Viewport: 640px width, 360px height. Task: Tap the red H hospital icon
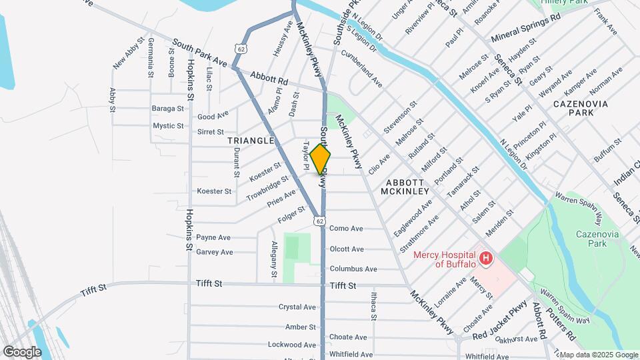tap(486, 258)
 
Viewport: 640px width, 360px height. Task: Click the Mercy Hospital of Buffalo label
tap(445, 259)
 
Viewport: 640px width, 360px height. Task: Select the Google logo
tap(22, 351)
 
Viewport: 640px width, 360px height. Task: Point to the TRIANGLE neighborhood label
tap(251, 141)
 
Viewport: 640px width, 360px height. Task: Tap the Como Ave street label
tap(346, 229)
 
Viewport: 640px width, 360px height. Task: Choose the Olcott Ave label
tap(347, 249)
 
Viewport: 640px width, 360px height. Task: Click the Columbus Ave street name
tap(353, 269)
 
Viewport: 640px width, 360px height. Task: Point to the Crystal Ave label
tap(297, 307)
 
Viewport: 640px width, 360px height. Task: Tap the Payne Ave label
tap(213, 237)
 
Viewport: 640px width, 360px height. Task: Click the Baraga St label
tap(167, 108)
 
